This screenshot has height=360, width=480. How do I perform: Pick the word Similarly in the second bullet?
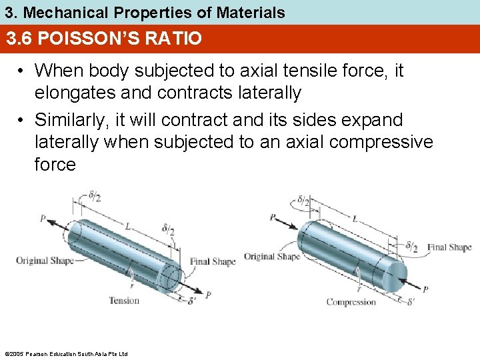pyautogui.click(x=72, y=120)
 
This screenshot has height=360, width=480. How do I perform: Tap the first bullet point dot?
pyautogui.click(x=23, y=71)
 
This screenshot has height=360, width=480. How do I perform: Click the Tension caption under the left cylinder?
pyautogui.click(x=124, y=301)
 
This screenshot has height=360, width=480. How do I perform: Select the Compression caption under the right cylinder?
pyautogui.click(x=351, y=302)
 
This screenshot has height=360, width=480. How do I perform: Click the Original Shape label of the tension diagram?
pyautogui.click(x=45, y=260)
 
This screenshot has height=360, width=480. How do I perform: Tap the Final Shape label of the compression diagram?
pyautogui.click(x=449, y=247)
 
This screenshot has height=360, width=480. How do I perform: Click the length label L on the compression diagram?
pyautogui.click(x=354, y=218)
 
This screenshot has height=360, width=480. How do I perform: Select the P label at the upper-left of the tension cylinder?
pyautogui.click(x=43, y=218)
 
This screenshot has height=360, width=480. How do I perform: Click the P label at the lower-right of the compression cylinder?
pyautogui.click(x=425, y=289)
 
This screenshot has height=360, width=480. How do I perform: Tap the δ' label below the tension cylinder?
pyautogui.click(x=192, y=301)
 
